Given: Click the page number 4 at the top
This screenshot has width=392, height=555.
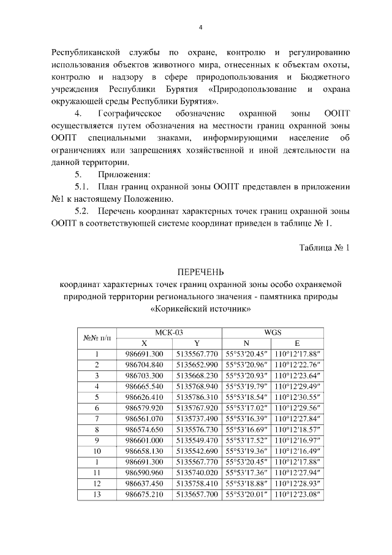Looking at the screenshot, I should pyautogui.click(x=200, y=28).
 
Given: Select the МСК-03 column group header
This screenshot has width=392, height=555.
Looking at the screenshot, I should pyautogui.click(x=169, y=332).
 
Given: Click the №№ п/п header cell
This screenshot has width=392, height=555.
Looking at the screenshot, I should pyautogui.click(x=97, y=337).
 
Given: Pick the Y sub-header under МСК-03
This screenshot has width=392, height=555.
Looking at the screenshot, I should pyautogui.click(x=197, y=343).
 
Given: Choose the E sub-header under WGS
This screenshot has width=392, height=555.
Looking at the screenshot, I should pyautogui.click(x=297, y=343).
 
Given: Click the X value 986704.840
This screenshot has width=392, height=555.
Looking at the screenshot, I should pyautogui.click(x=144, y=365).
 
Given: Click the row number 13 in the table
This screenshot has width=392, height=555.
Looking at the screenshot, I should pyautogui.click(x=97, y=496).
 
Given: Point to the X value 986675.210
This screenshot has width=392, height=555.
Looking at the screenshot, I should pyautogui.click(x=144, y=496).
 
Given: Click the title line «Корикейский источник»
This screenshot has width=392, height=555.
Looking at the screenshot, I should pyautogui.click(x=200, y=310).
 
